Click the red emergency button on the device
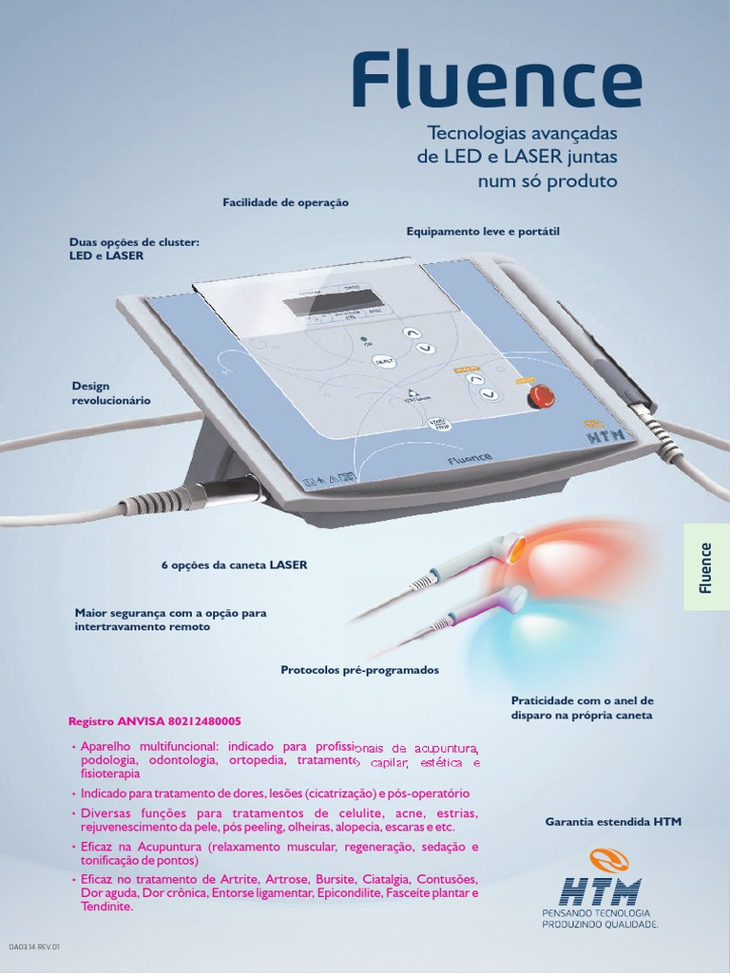(x=541, y=395)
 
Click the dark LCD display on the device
(x=319, y=303)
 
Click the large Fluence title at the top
(x=496, y=82)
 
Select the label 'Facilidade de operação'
(x=285, y=202)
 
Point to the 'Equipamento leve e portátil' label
(x=483, y=231)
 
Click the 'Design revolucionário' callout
(x=110, y=393)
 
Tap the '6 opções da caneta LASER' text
(x=234, y=564)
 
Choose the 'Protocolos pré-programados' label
(x=359, y=670)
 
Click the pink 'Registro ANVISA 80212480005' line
(x=155, y=721)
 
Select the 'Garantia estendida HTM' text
(x=613, y=821)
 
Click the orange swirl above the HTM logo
(x=608, y=862)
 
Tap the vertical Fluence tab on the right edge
(x=705, y=567)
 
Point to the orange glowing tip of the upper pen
(x=514, y=549)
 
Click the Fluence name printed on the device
(x=470, y=458)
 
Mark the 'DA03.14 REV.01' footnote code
(x=34, y=947)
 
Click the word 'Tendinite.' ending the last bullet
(x=107, y=906)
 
